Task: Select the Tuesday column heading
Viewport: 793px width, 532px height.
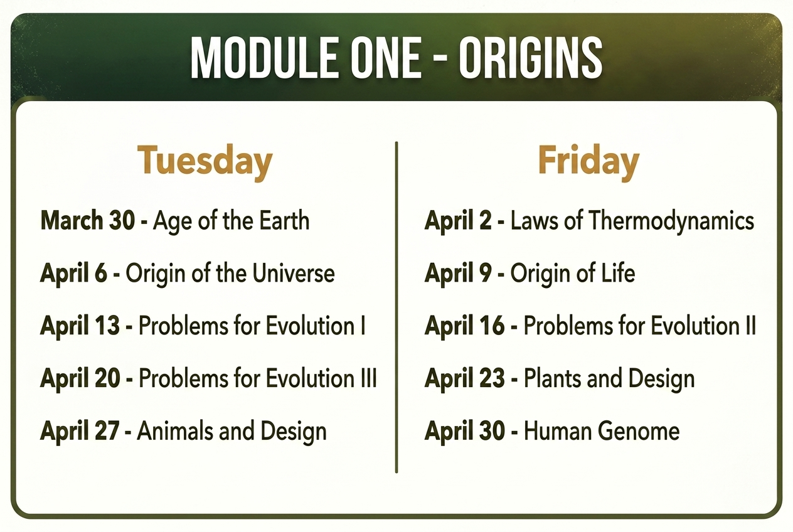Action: point(205,162)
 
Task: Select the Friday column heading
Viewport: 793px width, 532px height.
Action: point(588,162)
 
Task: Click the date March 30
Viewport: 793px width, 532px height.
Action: point(88,220)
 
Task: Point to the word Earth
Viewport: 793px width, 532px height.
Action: point(284,220)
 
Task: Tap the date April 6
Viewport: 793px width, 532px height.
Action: point(73,274)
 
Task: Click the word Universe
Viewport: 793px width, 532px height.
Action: point(294,274)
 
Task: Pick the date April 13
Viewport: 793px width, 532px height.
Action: point(80,326)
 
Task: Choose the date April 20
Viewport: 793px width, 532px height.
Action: point(80,378)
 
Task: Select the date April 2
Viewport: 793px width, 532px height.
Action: point(458,220)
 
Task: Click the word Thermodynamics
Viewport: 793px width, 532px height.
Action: point(671,220)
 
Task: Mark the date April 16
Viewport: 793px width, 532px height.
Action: point(464,326)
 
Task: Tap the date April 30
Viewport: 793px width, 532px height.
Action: point(465,431)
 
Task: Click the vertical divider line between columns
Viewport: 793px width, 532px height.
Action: point(396,307)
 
